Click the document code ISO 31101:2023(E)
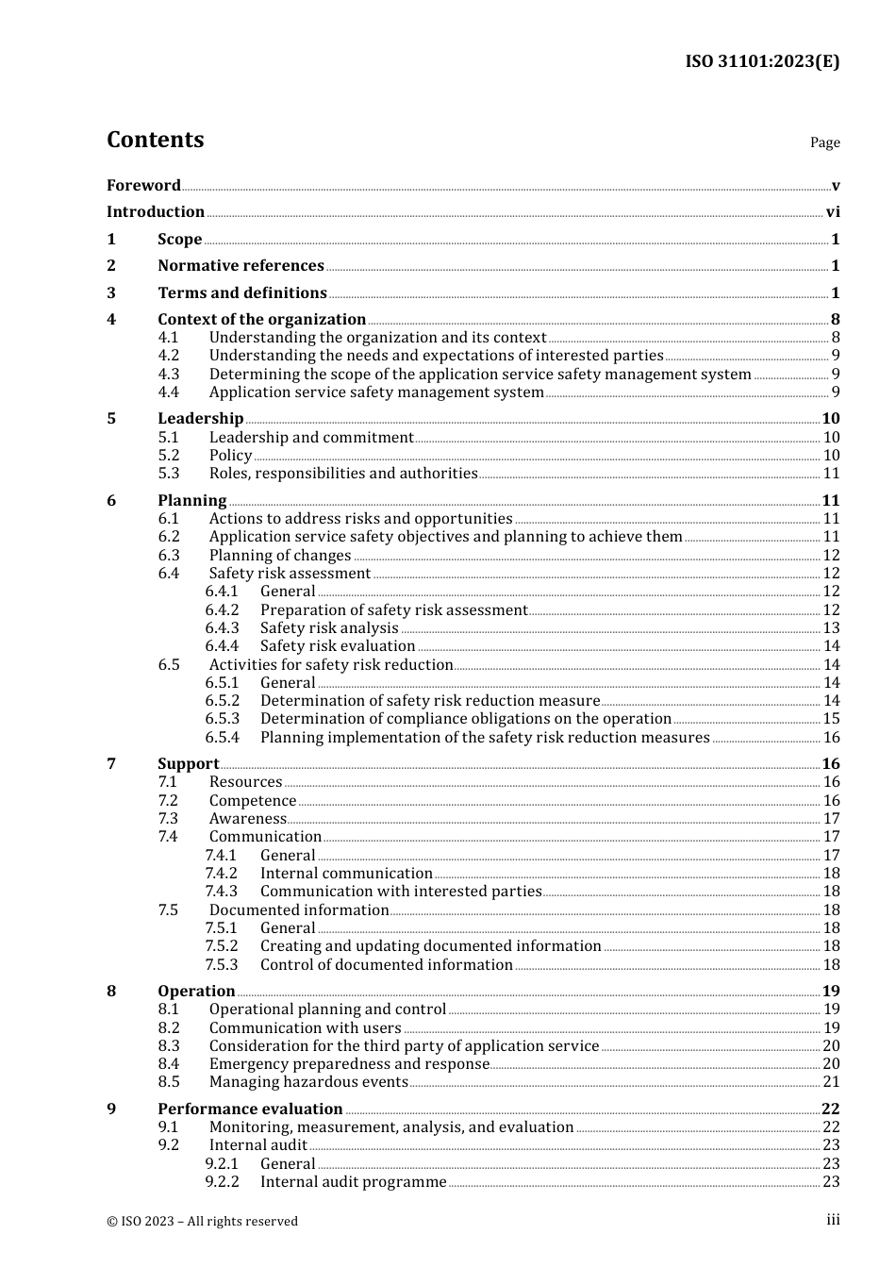click(761, 62)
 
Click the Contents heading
click(155, 140)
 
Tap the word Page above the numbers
click(824, 142)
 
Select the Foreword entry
click(143, 186)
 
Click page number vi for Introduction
click(833, 212)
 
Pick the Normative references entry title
click(241, 266)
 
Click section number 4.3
click(169, 375)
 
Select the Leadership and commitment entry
click(311, 438)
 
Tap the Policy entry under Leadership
click(230, 456)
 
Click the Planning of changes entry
click(280, 556)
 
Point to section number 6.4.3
click(222, 628)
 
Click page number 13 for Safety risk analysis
click(831, 628)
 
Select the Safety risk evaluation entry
click(338, 646)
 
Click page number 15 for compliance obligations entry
click(831, 719)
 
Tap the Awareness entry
click(247, 819)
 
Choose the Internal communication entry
click(346, 874)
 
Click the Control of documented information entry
click(386, 965)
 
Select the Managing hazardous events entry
click(308, 1082)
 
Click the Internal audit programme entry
click(353, 1182)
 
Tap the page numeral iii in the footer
click(833, 1220)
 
